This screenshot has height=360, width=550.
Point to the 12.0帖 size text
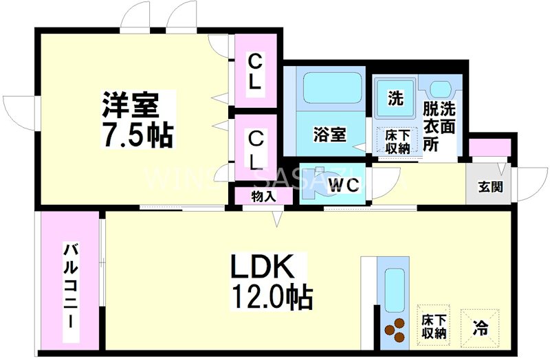coord(271,297)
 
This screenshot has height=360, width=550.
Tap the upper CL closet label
coord(254,71)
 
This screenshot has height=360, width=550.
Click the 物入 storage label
coord(263,196)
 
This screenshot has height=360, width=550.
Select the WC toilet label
coord(342,184)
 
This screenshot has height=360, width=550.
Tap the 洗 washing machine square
coord(395,98)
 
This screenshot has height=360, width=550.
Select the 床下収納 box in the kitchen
coord(434,326)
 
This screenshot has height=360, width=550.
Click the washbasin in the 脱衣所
coord(441,89)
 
